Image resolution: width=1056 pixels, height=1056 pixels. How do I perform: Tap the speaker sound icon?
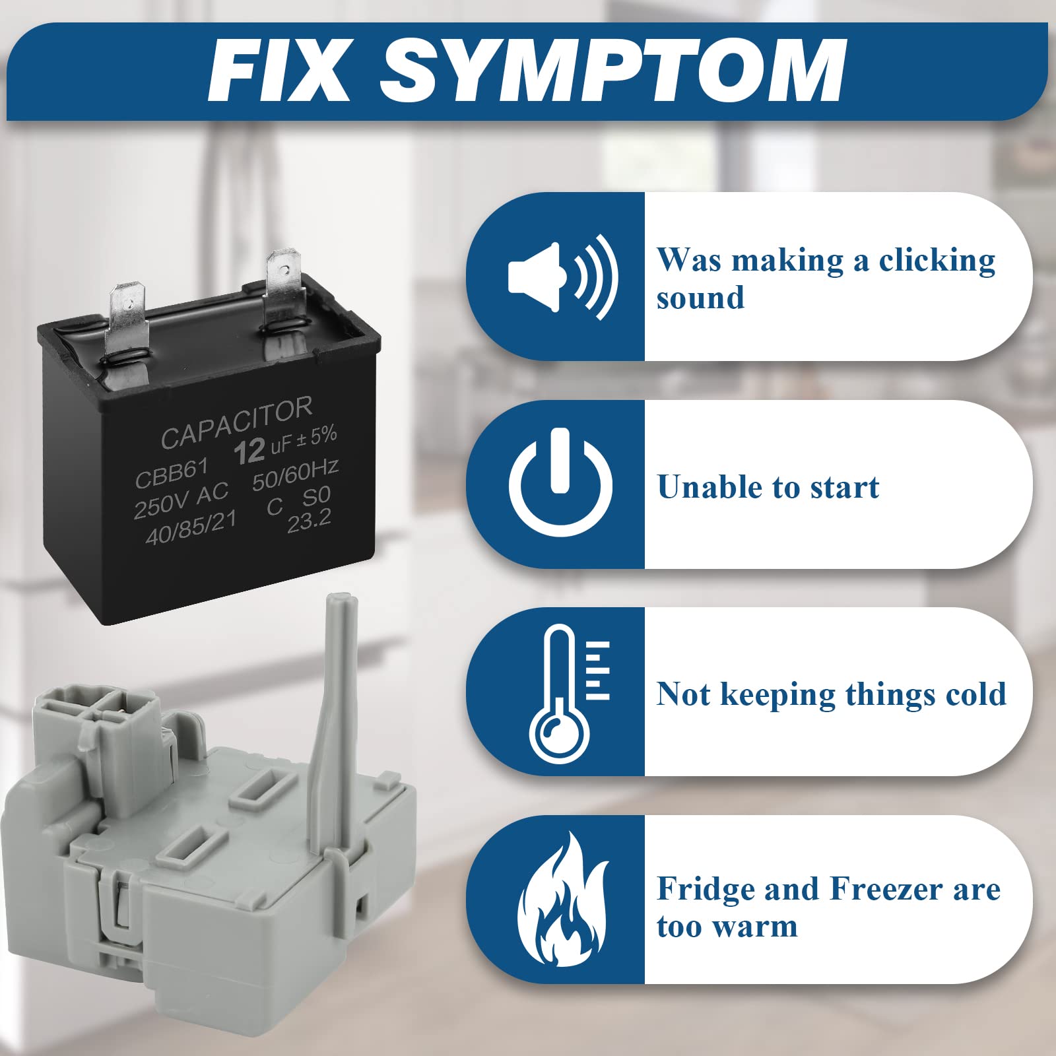click(562, 277)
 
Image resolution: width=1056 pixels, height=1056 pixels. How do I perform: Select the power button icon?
click(560, 482)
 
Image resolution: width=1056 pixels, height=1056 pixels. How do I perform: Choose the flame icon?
click(562, 899)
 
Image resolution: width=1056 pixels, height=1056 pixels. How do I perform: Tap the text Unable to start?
click(768, 487)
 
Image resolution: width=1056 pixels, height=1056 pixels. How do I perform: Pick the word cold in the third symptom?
click(975, 694)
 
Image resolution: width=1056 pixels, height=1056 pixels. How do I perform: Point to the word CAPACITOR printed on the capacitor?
click(236, 423)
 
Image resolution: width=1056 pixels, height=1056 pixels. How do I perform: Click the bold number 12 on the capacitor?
click(249, 452)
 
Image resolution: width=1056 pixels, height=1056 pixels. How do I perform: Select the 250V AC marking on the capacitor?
click(181, 500)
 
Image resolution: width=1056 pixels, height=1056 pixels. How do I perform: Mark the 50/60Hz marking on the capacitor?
click(295, 475)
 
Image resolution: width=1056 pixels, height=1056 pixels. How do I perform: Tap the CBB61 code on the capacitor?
click(172, 473)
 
